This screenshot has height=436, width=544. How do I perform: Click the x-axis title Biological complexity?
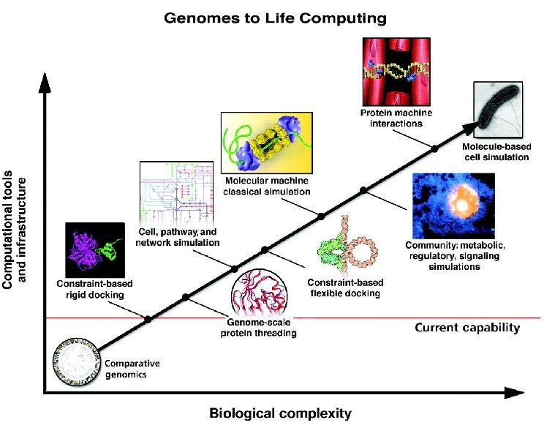(x=281, y=413)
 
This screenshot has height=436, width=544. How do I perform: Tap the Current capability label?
(x=467, y=328)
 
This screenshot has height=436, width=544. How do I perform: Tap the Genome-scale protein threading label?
(x=259, y=328)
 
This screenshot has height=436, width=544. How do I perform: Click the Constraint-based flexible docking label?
(x=344, y=287)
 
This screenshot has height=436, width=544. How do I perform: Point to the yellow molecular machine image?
(x=267, y=143)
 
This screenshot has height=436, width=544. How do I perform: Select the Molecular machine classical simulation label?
(x=267, y=186)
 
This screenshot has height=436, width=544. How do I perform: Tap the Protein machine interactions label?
(x=392, y=118)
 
